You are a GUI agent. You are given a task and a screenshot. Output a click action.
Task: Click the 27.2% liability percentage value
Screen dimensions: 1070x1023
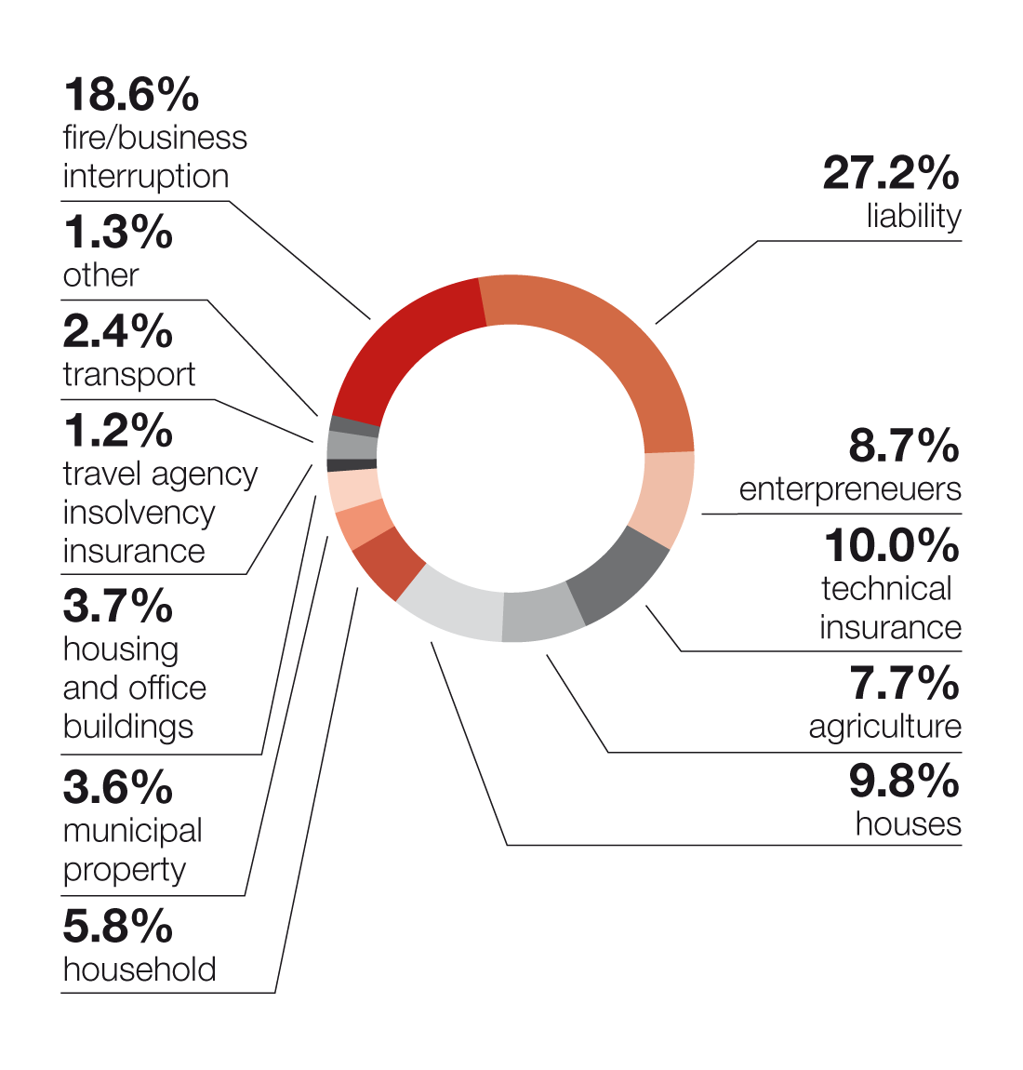(890, 173)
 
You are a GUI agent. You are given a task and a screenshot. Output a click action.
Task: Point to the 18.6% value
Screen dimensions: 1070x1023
(131, 94)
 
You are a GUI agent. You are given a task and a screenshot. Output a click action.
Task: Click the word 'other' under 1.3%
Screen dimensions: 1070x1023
(100, 275)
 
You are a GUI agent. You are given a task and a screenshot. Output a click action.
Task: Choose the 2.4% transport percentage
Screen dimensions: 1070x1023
(118, 331)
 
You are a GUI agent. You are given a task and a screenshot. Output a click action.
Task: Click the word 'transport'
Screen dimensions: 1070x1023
(129, 374)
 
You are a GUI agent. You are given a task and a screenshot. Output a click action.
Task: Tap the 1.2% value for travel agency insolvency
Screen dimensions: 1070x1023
(118, 431)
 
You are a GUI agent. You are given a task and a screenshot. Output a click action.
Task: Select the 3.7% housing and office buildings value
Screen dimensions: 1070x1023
(118, 606)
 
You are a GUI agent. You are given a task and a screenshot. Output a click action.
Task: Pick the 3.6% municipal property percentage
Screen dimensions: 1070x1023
(118, 787)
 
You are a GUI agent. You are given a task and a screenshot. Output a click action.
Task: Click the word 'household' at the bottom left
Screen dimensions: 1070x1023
(139, 970)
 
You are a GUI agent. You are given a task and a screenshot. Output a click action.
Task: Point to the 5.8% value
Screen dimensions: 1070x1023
(118, 926)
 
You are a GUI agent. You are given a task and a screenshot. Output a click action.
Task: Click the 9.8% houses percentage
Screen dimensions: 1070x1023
(904, 781)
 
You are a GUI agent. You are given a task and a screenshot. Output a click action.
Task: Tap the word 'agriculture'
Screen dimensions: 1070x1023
(884, 727)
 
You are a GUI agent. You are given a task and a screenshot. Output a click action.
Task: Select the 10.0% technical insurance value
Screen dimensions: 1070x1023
(891, 545)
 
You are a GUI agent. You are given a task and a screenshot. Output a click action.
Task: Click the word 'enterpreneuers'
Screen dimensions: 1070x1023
(850, 489)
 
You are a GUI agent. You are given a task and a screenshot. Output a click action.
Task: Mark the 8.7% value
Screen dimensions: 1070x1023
(904, 446)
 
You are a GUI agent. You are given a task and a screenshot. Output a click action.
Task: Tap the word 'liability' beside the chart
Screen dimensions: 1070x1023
(913, 216)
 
